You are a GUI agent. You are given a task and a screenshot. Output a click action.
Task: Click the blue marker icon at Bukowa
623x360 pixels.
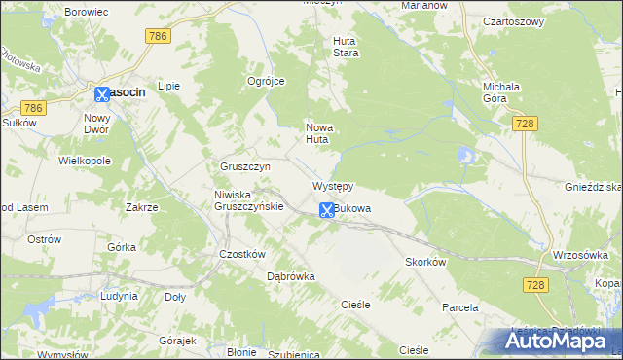pyautogui.click(x=326, y=209)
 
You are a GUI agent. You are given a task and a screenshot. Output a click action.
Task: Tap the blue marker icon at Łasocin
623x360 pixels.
pyautogui.click(x=103, y=94)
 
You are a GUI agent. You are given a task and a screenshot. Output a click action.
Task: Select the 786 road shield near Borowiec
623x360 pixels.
pyautogui.click(x=157, y=36)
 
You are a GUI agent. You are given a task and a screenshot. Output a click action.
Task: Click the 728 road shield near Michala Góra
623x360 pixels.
pyautogui.click(x=526, y=122)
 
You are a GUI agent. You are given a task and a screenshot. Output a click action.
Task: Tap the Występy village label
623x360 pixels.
pyautogui.click(x=332, y=185)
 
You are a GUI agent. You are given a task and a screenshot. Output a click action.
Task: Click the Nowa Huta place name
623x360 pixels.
pyautogui.click(x=326, y=133)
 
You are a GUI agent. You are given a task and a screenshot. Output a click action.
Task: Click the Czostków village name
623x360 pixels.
pyautogui.click(x=242, y=253)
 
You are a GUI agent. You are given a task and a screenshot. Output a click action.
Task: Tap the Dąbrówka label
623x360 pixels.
pyautogui.click(x=291, y=276)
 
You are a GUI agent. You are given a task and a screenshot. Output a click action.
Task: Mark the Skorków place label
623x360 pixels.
pyautogui.click(x=425, y=263)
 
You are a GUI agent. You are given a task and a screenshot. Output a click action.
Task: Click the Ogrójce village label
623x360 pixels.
pyautogui.click(x=266, y=81)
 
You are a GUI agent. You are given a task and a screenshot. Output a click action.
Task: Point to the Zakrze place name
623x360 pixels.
pyautogui.click(x=142, y=207)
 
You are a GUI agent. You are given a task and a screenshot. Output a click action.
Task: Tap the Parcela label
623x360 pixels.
pyautogui.click(x=459, y=307)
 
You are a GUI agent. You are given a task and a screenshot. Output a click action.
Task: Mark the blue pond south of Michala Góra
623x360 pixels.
pyautogui.click(x=464, y=156)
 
